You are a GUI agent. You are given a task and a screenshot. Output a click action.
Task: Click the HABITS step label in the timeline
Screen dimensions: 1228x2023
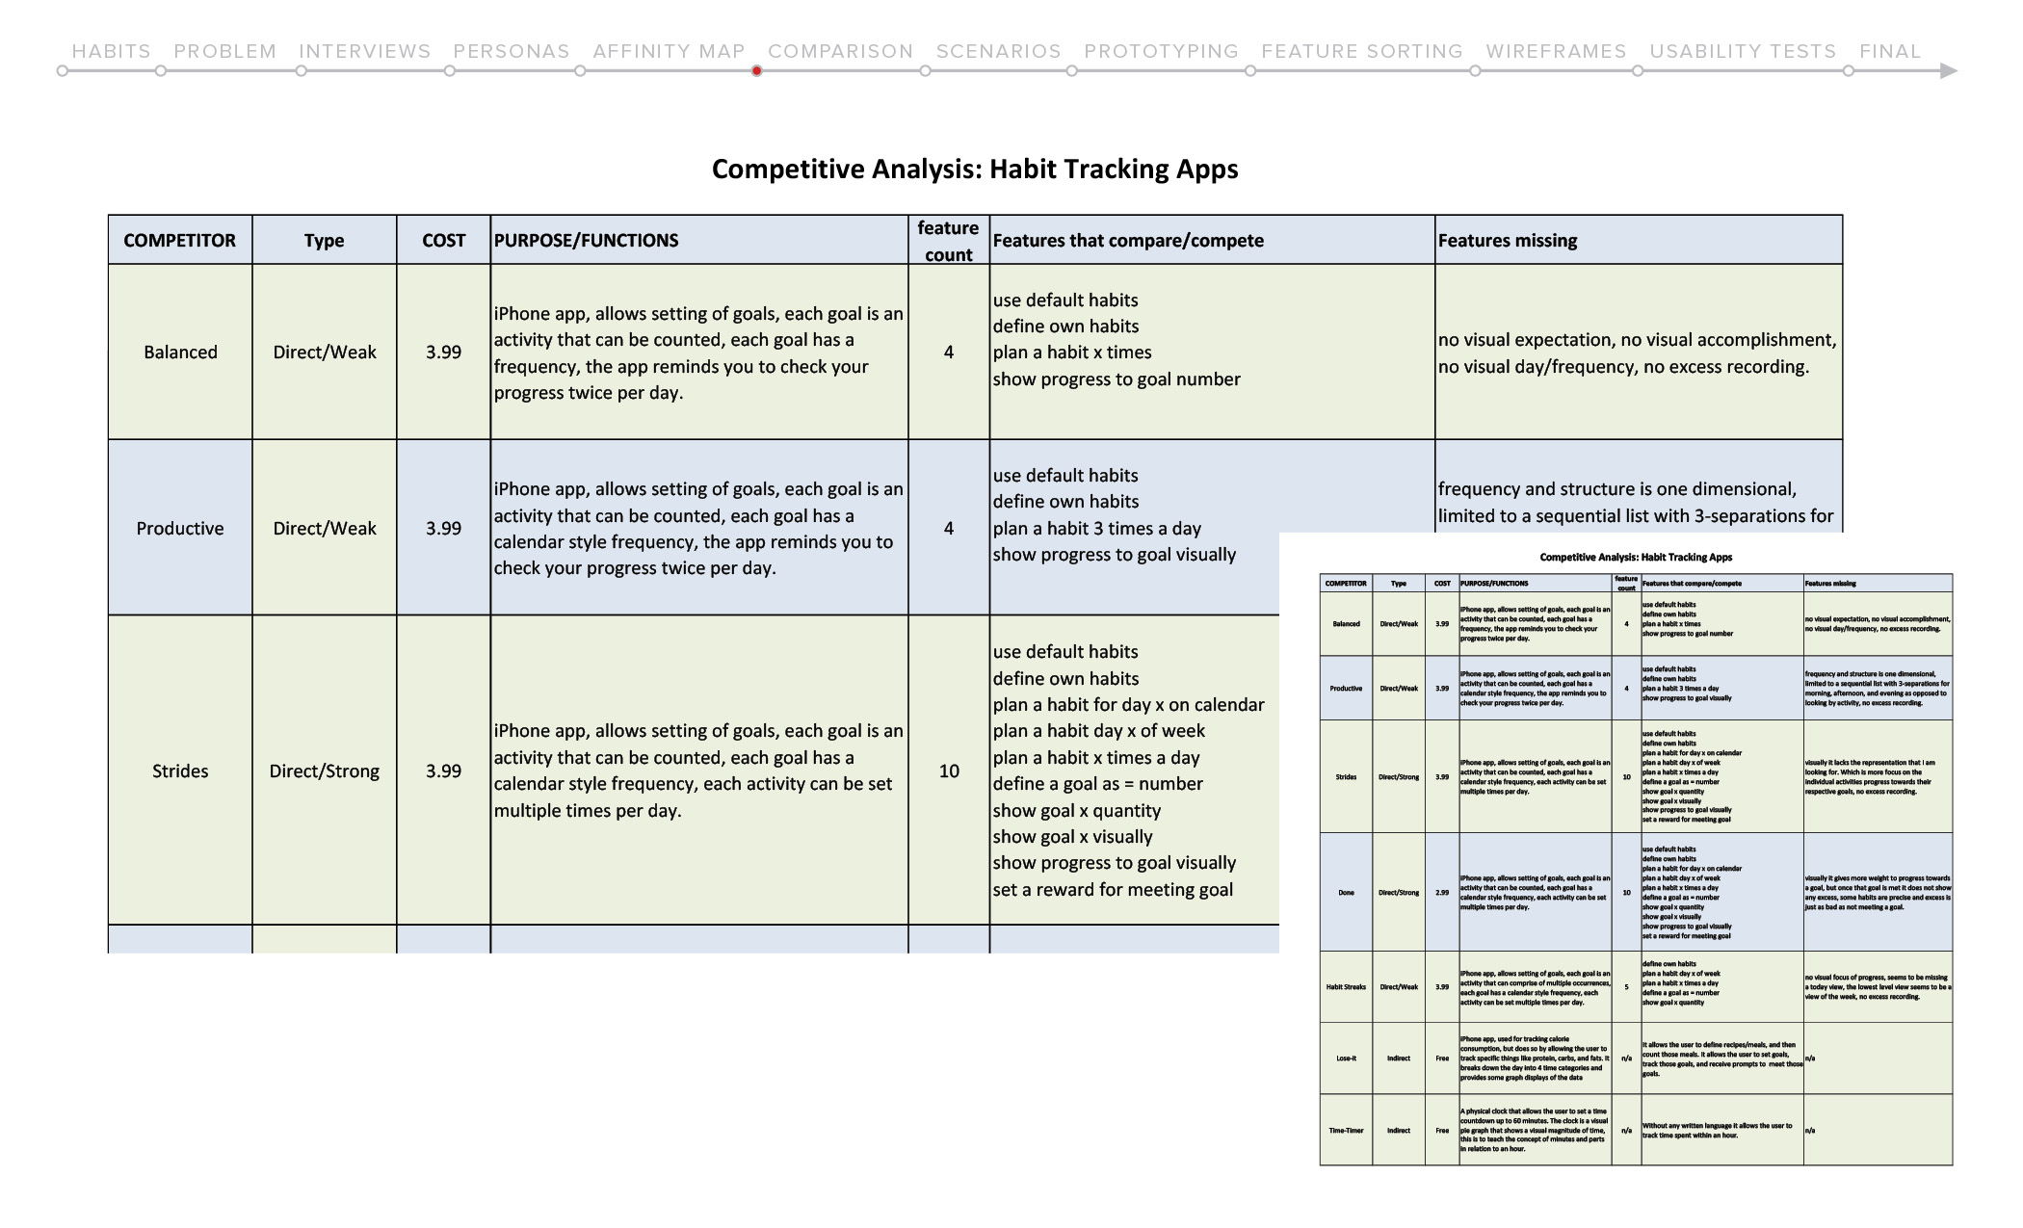(x=111, y=51)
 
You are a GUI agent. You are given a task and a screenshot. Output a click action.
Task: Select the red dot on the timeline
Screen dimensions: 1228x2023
(x=757, y=70)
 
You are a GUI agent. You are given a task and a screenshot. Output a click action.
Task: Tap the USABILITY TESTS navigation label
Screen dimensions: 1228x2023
(x=1743, y=51)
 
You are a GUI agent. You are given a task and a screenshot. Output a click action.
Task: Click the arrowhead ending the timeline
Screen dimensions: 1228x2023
(x=1948, y=70)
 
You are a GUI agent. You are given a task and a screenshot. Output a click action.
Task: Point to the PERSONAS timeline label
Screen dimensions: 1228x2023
(x=512, y=51)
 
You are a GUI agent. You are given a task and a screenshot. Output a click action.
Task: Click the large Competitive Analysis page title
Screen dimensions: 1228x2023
(x=975, y=170)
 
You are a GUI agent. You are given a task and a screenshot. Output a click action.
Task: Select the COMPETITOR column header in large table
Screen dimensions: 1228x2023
(x=179, y=241)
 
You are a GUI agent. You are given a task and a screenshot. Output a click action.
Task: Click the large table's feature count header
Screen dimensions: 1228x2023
(x=948, y=241)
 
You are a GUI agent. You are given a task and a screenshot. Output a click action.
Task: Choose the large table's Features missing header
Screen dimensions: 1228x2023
(x=1508, y=241)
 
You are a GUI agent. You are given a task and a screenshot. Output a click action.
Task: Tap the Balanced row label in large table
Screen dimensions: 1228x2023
(x=180, y=353)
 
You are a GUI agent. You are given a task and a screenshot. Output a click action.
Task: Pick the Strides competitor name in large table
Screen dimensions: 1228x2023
(x=180, y=771)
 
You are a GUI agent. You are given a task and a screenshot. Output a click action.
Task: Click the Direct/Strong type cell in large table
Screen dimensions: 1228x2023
(x=324, y=771)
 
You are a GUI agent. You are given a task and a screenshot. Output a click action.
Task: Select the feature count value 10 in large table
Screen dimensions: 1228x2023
(x=949, y=771)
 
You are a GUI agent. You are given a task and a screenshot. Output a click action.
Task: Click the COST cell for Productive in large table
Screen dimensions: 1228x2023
(x=443, y=529)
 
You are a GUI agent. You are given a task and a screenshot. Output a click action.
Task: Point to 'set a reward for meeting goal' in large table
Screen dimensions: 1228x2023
(x=1113, y=890)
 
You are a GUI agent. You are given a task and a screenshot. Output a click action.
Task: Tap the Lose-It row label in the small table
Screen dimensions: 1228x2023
(x=1346, y=1058)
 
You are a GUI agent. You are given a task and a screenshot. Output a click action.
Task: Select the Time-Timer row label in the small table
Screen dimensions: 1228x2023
(x=1346, y=1131)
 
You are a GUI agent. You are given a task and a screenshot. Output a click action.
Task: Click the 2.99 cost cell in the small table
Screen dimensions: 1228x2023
(x=1442, y=893)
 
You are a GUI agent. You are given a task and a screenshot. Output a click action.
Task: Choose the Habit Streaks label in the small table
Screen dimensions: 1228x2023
(x=1346, y=987)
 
